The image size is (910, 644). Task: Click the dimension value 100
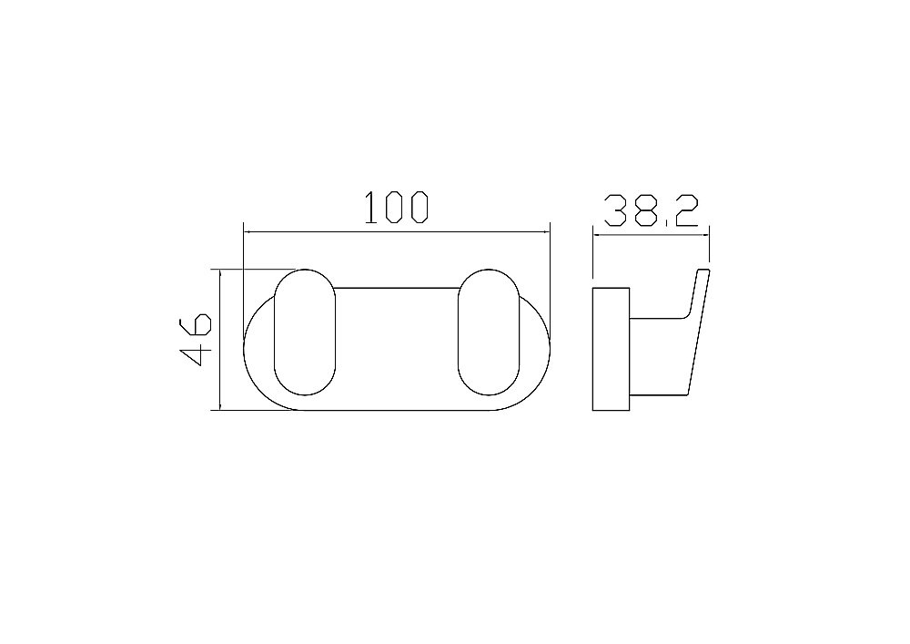click(x=397, y=207)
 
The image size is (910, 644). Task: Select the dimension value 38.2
click(x=651, y=210)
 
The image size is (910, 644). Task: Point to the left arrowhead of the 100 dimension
click(x=248, y=232)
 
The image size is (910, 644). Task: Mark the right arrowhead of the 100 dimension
click(x=545, y=232)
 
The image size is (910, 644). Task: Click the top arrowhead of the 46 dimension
click(x=220, y=274)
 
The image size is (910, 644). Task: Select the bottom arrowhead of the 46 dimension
click(x=220, y=405)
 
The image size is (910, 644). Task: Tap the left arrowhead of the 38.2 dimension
click(x=597, y=235)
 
